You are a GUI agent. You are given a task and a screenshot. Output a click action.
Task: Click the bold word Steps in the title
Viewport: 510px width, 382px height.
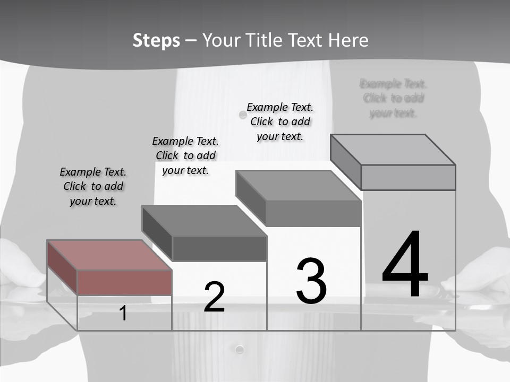pos(156,40)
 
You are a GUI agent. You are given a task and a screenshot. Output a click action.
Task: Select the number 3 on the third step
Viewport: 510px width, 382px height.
pos(311,281)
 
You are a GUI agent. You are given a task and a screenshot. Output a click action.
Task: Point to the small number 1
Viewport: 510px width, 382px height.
pos(123,314)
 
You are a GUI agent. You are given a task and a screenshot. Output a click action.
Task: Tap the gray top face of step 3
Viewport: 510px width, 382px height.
pos(298,186)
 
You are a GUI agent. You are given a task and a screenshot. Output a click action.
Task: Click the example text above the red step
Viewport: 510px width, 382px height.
pos(93,186)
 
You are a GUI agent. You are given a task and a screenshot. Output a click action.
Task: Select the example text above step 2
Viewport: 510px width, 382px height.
pos(185,155)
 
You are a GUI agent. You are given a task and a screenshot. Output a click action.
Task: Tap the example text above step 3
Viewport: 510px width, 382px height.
pos(280,121)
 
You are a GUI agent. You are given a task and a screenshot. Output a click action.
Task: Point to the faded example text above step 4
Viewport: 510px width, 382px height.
pos(393,98)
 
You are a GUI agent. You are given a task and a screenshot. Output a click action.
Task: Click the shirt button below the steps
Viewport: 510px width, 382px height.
pos(240,349)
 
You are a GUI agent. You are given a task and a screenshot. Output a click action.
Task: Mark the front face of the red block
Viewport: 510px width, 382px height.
pos(124,282)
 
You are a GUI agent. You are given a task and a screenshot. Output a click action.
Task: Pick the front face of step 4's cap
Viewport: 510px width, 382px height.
pos(408,177)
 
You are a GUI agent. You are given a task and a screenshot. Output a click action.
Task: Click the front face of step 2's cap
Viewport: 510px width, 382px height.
pos(219,248)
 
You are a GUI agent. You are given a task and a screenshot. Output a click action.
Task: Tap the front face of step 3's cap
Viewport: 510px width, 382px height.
pos(313,213)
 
